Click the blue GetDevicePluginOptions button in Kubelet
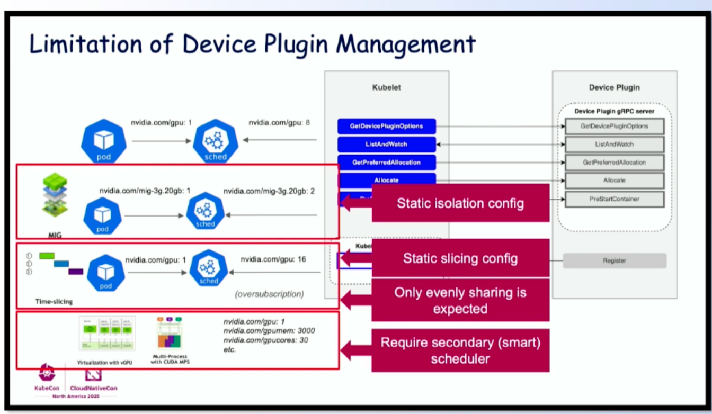pyautogui.click(x=386, y=126)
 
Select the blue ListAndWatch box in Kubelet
pyautogui.click(x=386, y=144)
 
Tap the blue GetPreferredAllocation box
pyautogui.click(x=386, y=162)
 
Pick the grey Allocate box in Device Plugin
pyautogui.click(x=614, y=180)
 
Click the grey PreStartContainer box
pyautogui.click(x=614, y=199)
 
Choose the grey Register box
pyautogui.click(x=614, y=260)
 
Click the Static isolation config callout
pyautogui.click(x=460, y=203)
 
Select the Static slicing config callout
pyautogui.click(x=460, y=258)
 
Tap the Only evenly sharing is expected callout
pyautogui.click(x=460, y=300)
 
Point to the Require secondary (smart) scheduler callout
pyautogui.click(x=460, y=350)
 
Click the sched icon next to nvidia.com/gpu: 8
pyautogui.click(x=215, y=140)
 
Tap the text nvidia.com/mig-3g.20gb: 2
pyautogui.click(x=269, y=191)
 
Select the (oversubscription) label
pyautogui.click(x=270, y=294)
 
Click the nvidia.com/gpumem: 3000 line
pyautogui.click(x=269, y=331)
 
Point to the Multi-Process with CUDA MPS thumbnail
pyautogui.click(x=170, y=334)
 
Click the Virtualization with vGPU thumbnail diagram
pyautogui.click(x=107, y=334)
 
